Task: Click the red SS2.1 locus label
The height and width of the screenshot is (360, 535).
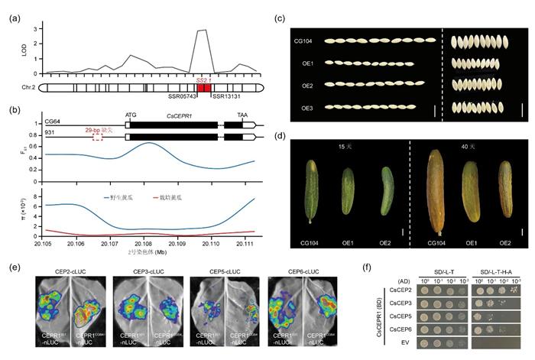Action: [203, 79]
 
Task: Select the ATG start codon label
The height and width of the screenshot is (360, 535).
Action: [129, 115]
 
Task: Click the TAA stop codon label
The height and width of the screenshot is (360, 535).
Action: [242, 115]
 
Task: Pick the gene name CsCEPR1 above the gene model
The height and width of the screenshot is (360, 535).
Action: [179, 115]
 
